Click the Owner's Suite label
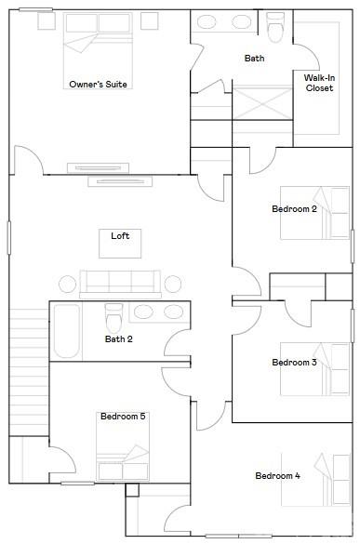[x=98, y=85]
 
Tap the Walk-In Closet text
[x=319, y=83]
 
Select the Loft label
[x=120, y=236]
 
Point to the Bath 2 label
[x=119, y=339]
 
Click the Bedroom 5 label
[x=123, y=416]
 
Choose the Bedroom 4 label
[x=278, y=476]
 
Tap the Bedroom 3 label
[x=294, y=363]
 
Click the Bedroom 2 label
[x=294, y=209]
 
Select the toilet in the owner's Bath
[x=275, y=27]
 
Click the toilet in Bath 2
[x=113, y=318]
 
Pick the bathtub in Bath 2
[x=67, y=331]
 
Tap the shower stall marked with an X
[x=262, y=103]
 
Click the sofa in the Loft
[x=120, y=285]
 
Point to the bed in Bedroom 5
[x=123, y=446]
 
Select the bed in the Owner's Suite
[x=98, y=50]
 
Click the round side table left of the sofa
[x=67, y=285]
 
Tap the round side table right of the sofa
[x=172, y=285]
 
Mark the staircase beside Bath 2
[x=29, y=372]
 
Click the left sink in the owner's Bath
[x=207, y=22]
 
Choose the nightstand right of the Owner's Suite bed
[x=150, y=20]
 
